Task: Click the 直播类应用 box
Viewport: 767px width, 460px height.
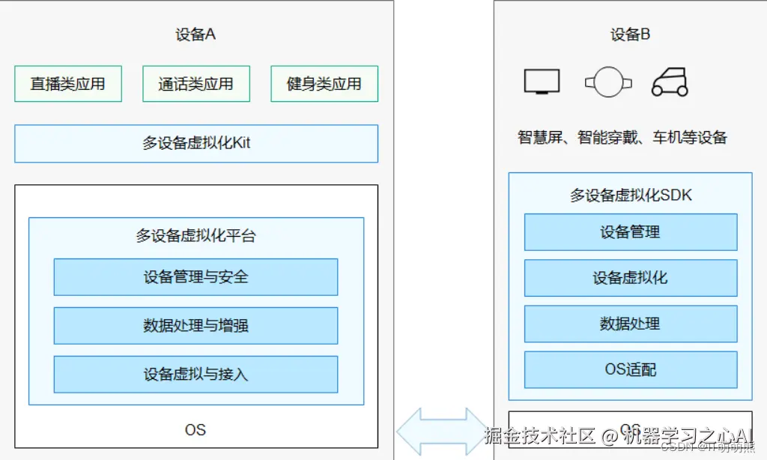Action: (x=67, y=84)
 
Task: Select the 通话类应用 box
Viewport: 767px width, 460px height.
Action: (x=195, y=84)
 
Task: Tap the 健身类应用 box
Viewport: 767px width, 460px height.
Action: (x=324, y=84)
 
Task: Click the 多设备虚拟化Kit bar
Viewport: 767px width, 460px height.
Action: (x=196, y=143)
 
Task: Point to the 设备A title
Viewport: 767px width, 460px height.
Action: (x=195, y=34)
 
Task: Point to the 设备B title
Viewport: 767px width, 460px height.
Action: (x=630, y=34)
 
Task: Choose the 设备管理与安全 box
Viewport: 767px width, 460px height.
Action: (x=195, y=277)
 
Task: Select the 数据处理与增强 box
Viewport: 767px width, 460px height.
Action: (x=195, y=326)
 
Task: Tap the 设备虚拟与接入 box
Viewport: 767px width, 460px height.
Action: (x=195, y=374)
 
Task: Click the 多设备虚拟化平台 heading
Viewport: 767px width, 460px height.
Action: (x=195, y=236)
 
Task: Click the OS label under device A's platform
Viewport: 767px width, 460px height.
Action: (x=195, y=430)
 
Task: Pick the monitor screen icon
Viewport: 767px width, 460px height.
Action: (x=542, y=82)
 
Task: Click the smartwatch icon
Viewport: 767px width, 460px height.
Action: (x=607, y=82)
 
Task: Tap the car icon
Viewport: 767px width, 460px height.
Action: (x=670, y=82)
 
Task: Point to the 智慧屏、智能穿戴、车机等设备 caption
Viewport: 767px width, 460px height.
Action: (x=622, y=138)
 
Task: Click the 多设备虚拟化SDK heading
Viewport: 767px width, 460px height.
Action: (x=631, y=196)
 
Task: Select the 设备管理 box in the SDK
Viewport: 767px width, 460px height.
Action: (x=630, y=232)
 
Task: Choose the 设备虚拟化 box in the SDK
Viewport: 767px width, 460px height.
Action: (x=630, y=278)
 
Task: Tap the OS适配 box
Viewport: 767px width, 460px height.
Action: (x=630, y=369)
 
